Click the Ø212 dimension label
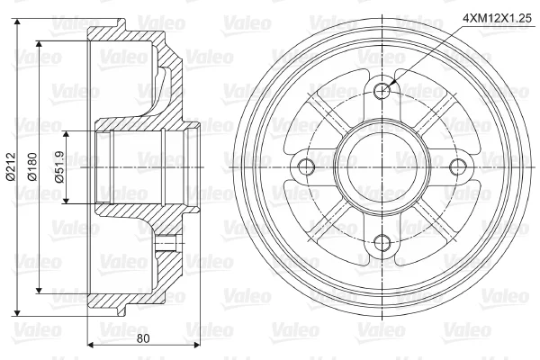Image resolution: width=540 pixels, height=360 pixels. [x=11, y=167]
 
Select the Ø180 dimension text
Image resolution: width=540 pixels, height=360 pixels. [x=32, y=167]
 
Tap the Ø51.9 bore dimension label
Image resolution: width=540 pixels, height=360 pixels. [x=59, y=167]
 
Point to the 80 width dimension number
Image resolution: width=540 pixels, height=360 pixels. [x=143, y=338]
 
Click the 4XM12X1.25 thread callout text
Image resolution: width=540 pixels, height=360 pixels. [x=498, y=18]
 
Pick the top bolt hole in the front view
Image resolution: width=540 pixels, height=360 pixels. [x=382, y=91]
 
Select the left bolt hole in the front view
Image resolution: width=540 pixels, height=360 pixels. [x=306, y=167]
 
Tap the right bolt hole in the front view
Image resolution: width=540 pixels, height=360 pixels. [x=458, y=167]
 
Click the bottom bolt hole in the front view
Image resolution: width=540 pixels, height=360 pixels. [x=382, y=243]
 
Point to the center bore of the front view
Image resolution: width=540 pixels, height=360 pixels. [x=382, y=167]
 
